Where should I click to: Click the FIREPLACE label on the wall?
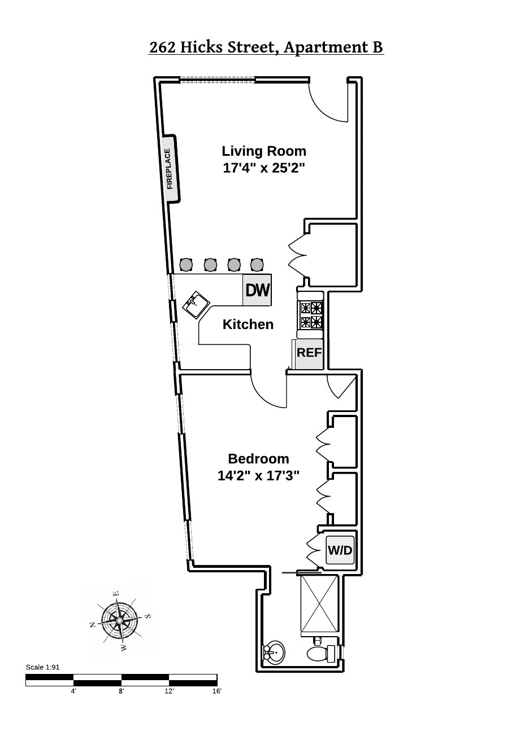(169, 168)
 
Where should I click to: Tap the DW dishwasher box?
(257, 290)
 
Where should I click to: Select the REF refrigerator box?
(309, 353)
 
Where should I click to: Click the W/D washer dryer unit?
(340, 550)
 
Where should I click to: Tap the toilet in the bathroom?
(320, 654)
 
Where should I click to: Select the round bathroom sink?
(274, 652)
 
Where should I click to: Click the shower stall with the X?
(319, 604)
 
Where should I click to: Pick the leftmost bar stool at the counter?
(186, 264)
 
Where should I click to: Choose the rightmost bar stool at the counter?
(257, 264)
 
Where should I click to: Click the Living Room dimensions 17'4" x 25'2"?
(264, 168)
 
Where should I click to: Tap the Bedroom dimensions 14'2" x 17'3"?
(258, 475)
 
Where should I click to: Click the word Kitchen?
(248, 325)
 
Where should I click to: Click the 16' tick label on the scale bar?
(216, 691)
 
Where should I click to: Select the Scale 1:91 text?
(42, 667)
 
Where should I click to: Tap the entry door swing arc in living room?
(328, 104)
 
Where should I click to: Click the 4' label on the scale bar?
(73, 691)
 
